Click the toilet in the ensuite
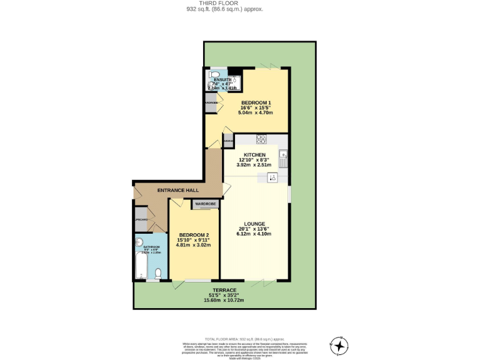(x=213, y=72)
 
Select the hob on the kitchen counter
(x=261, y=139)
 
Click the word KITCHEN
(x=255, y=154)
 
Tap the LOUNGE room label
(x=254, y=223)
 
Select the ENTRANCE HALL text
(x=178, y=190)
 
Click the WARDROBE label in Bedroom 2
(x=205, y=204)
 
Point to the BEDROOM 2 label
(x=193, y=234)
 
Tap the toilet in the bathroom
(x=159, y=273)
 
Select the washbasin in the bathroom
(x=139, y=242)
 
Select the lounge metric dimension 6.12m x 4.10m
(x=254, y=234)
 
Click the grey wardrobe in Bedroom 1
(x=211, y=103)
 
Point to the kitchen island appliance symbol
(x=272, y=177)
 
